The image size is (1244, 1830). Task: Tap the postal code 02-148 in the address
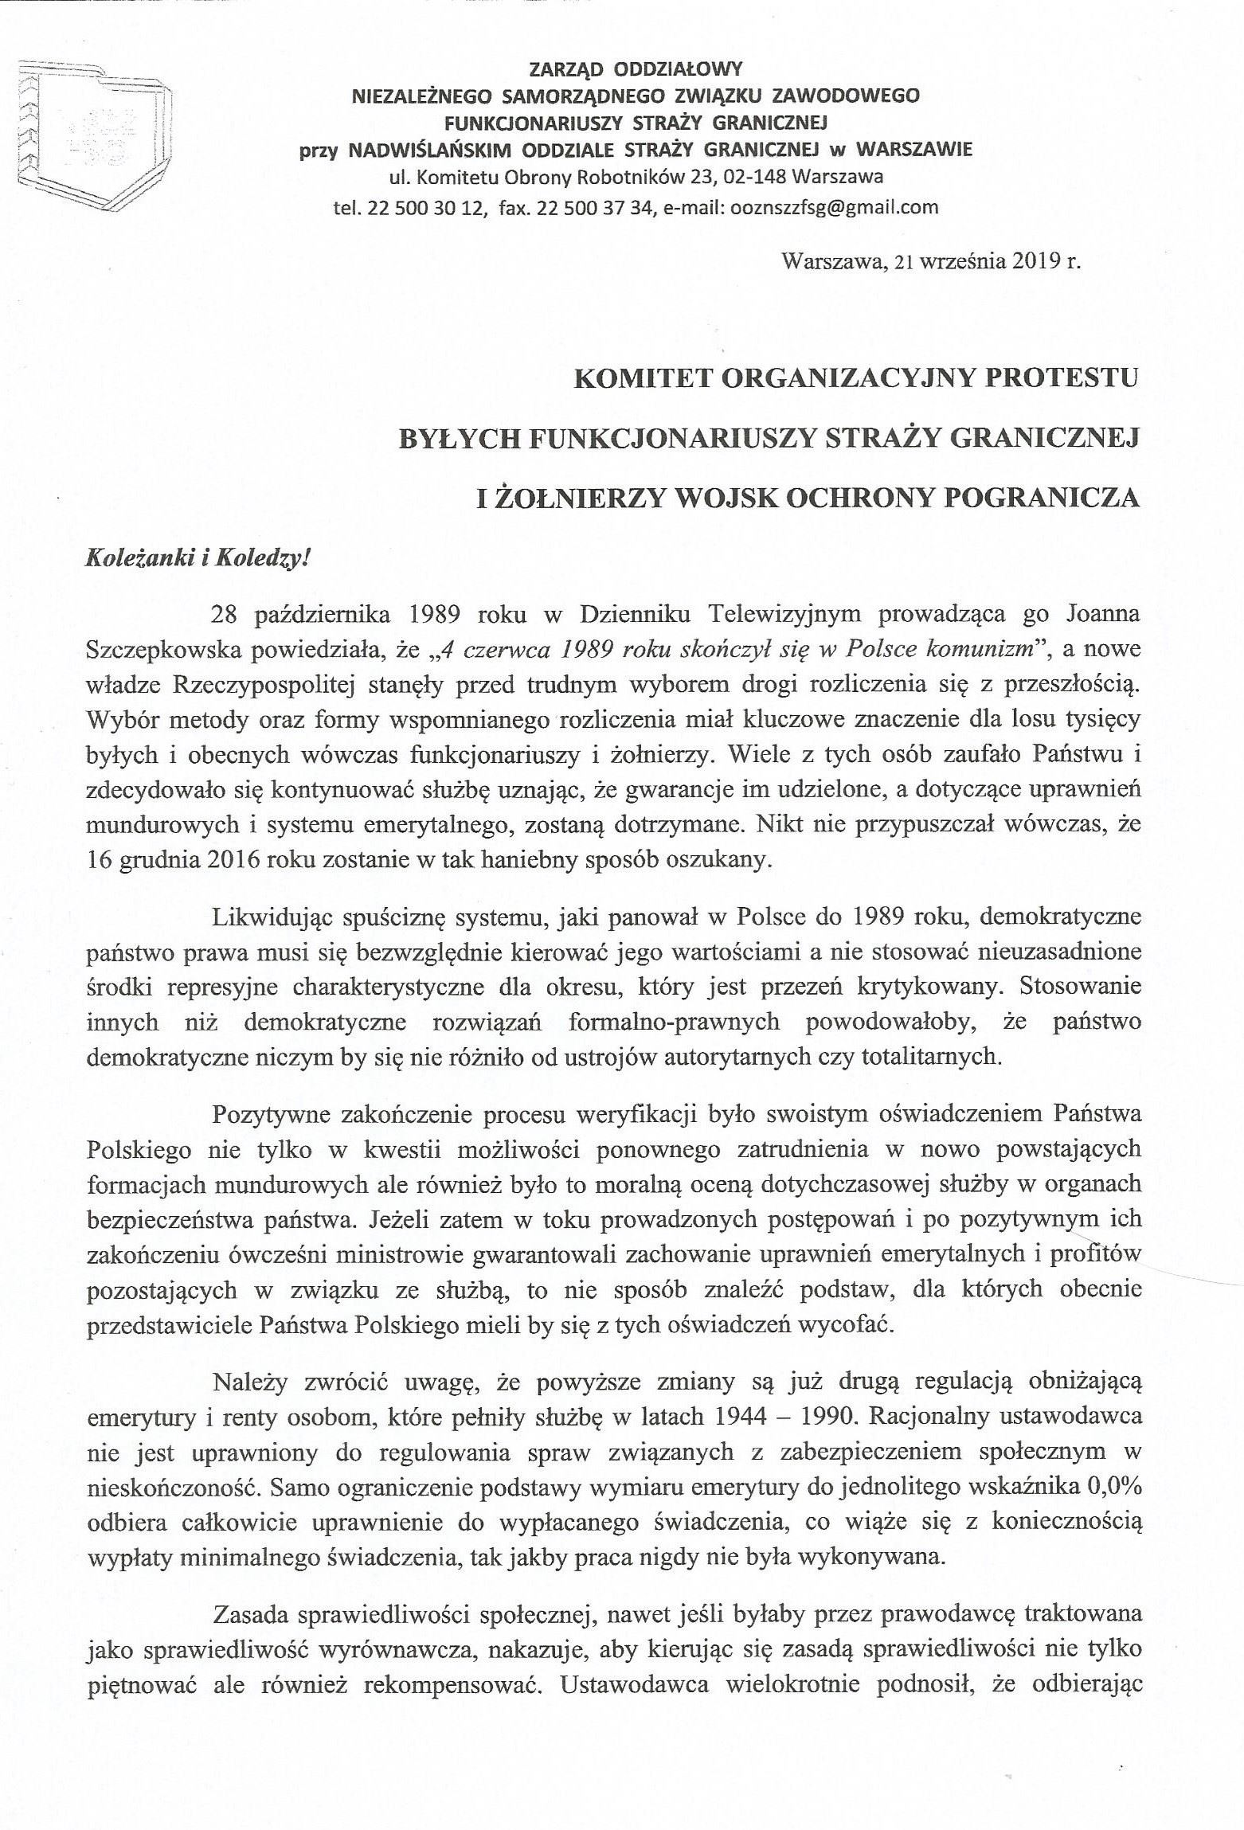(x=757, y=178)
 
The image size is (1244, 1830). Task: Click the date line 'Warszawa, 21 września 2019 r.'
(x=931, y=262)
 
